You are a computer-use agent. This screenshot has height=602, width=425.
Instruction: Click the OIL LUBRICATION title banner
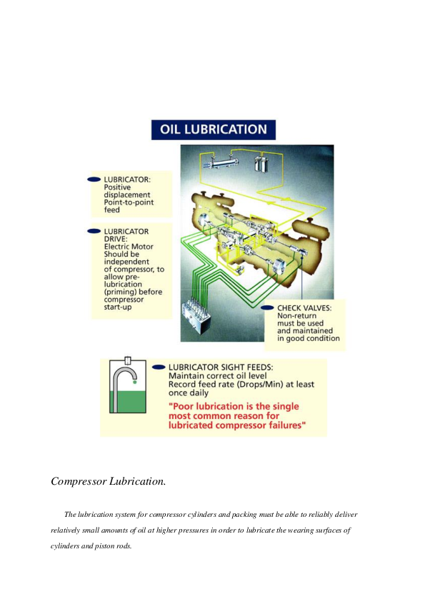(x=214, y=130)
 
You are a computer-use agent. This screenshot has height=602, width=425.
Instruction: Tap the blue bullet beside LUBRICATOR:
(x=94, y=179)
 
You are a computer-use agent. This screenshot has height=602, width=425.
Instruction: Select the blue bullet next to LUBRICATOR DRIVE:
(x=94, y=231)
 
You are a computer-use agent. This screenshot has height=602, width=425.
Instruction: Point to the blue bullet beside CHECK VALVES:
(x=267, y=307)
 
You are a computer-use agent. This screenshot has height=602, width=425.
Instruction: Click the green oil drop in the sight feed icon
(x=134, y=383)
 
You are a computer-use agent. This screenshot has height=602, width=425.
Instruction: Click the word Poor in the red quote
(x=183, y=406)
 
